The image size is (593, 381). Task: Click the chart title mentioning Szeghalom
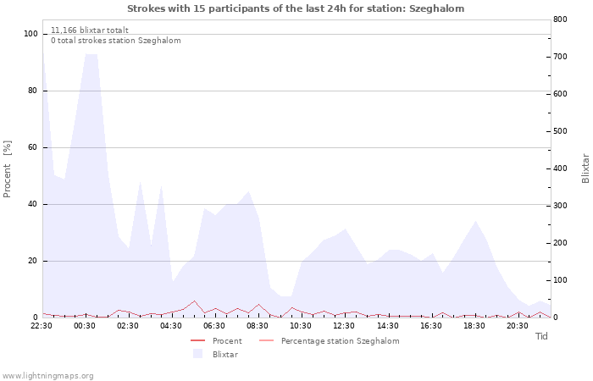coord(296,8)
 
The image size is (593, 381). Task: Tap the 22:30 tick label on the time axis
coord(42,326)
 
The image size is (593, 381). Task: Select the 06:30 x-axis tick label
coord(214,326)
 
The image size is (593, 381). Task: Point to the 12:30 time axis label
coord(344,326)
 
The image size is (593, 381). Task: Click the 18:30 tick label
coord(474,326)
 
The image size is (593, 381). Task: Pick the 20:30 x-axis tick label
coord(518,326)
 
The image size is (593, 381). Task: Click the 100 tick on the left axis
coord(30,34)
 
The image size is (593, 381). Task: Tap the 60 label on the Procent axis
coord(32,147)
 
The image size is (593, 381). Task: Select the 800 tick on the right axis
coord(560,19)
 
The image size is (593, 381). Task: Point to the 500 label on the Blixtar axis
coord(560,131)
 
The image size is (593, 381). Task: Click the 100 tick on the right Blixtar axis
coord(560,280)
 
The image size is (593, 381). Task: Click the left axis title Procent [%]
coord(7,169)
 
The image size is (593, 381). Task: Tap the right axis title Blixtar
coord(585,168)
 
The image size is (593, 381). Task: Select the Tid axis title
coord(541,336)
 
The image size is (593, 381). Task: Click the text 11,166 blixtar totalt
coord(90,30)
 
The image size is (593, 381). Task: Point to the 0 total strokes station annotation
coord(116,41)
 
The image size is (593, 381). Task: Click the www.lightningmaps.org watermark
coord(47,376)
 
